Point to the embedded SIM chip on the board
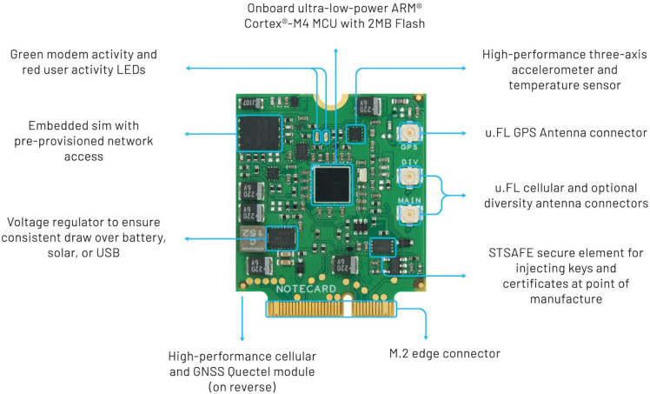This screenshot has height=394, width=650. click(260, 137)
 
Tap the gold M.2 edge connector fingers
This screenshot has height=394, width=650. click(333, 308)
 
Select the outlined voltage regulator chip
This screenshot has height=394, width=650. click(281, 237)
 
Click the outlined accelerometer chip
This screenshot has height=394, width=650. click(355, 133)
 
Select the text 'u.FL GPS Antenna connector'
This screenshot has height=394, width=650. click(566, 132)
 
